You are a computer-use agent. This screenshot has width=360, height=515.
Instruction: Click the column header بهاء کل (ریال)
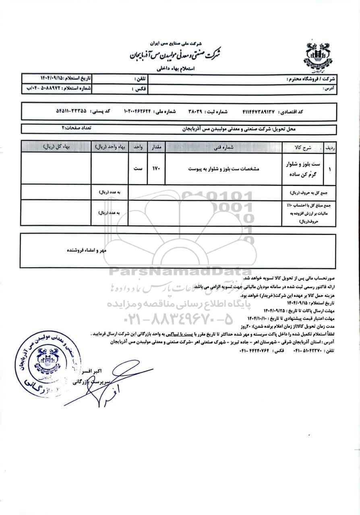click(x=57, y=147)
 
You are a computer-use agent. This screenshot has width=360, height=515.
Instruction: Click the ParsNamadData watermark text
click(x=179, y=272)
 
